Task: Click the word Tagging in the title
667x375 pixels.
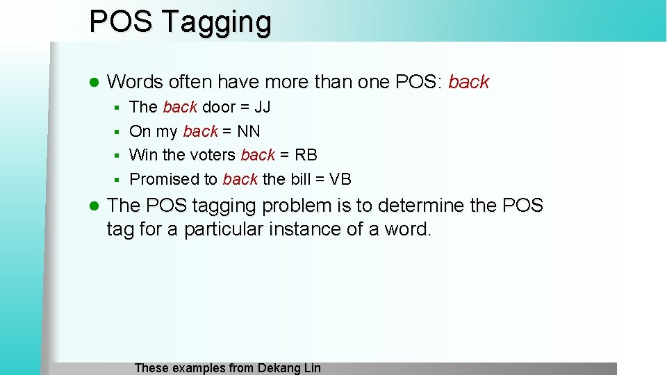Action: pos(217,22)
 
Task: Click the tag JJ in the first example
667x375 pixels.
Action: pos(262,107)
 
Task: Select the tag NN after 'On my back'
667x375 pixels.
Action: pos(249,131)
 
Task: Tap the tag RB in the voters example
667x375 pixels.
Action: pos(306,155)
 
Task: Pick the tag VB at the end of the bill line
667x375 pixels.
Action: pos(340,179)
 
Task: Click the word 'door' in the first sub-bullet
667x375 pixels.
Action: pos(218,107)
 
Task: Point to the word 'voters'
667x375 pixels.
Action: pos(213,155)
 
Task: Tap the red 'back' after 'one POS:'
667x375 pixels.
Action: pos(469,82)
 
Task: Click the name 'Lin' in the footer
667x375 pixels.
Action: pos(312,368)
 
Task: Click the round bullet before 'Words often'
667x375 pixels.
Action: pos(95,83)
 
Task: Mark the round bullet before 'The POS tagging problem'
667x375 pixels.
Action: pos(95,206)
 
